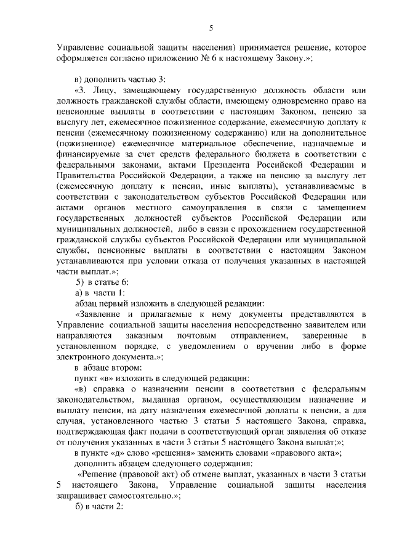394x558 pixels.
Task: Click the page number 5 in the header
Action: click(x=211, y=28)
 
